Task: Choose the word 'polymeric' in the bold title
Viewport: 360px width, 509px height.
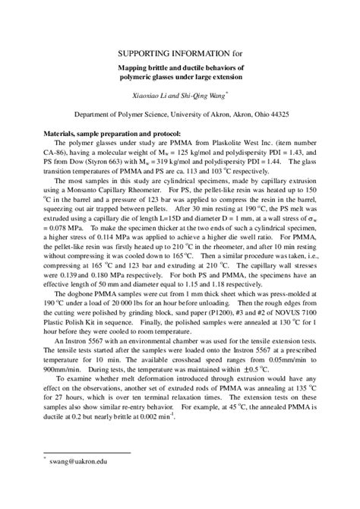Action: click(x=140, y=77)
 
